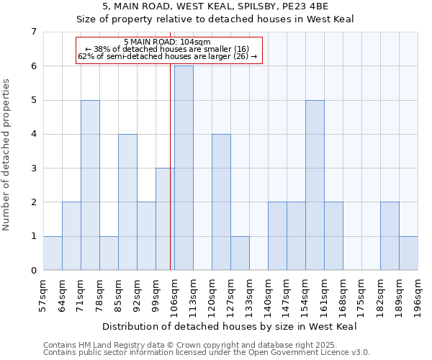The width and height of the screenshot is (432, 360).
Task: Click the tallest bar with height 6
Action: pos(184,168)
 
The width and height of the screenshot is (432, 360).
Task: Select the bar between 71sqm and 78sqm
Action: pos(90,185)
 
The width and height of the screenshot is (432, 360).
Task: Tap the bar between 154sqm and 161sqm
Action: pos(315,185)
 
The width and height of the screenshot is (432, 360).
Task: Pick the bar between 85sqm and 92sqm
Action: pos(127,202)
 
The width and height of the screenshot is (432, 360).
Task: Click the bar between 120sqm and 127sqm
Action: pos(221,202)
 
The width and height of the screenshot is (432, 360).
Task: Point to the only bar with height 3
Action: pos(165,219)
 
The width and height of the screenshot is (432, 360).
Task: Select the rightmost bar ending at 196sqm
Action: pos(408,253)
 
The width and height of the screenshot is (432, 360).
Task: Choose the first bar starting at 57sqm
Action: pos(53,253)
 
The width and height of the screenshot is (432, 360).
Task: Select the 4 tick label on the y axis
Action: pos(33,134)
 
